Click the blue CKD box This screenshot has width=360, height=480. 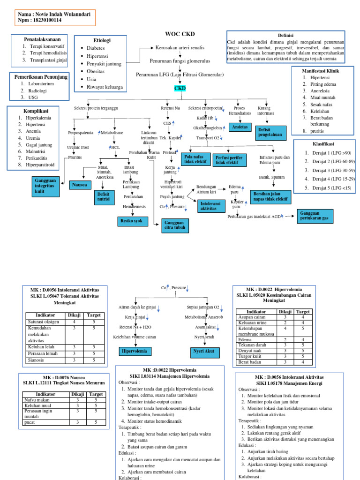pos(180,88)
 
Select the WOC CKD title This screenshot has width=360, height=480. pos(180,34)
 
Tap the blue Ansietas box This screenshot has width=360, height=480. pos(240,127)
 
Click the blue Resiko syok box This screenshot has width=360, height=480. pos(132,221)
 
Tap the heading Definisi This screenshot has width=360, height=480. pos(285,35)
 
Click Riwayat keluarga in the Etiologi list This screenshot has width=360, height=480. pos(105,87)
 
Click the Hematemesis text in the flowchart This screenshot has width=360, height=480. pos(134,206)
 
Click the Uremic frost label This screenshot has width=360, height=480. pos(78,147)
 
